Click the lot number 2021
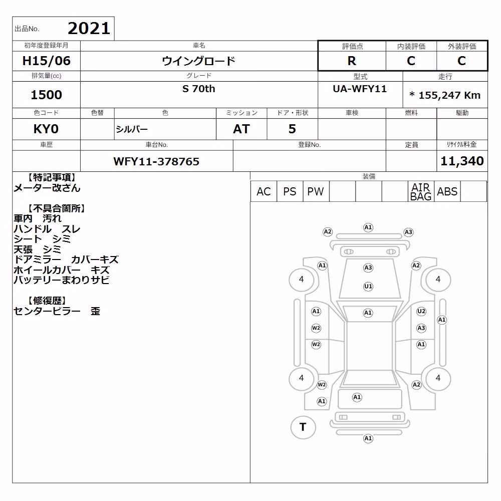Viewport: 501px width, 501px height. click(89, 29)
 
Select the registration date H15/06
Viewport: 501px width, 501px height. click(46, 61)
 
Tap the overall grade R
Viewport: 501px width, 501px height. click(352, 61)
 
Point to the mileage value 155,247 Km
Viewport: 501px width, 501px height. click(449, 95)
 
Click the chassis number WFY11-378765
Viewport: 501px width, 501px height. click(156, 161)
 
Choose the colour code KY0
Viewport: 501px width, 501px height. click(46, 129)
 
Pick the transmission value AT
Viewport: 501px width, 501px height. click(241, 129)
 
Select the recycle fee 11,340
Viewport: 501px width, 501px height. click(462, 161)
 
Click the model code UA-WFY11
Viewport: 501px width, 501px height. click(360, 89)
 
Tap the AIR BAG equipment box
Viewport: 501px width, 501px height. click(421, 191)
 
